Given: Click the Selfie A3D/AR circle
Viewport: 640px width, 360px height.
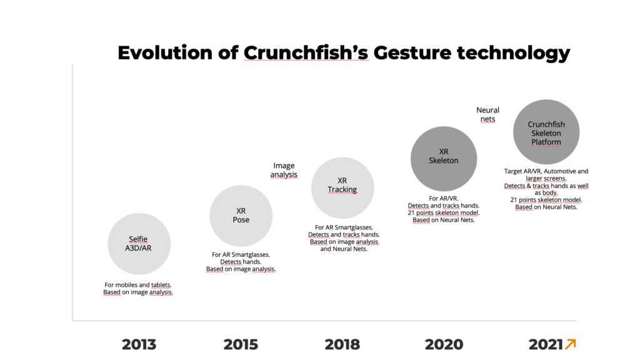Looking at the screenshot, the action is click(x=139, y=244).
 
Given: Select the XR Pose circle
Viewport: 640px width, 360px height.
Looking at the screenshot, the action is click(x=241, y=216).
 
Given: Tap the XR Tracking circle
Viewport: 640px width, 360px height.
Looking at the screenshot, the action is click(x=342, y=187).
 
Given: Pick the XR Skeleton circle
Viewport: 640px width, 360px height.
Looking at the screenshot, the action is click(x=444, y=158).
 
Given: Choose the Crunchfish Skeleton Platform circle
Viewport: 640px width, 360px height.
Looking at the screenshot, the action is click(x=546, y=132).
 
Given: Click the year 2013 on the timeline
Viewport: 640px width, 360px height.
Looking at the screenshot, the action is click(x=139, y=344).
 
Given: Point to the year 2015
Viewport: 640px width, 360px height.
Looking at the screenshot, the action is click(x=241, y=344).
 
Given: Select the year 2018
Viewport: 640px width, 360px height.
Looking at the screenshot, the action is click(x=342, y=344).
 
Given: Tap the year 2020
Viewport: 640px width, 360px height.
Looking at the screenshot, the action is click(x=444, y=344).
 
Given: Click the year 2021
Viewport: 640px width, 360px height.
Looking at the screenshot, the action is click(x=546, y=344).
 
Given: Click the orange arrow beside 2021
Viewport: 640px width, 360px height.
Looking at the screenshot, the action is click(x=571, y=344).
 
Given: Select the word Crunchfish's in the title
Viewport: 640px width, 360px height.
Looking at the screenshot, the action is click(x=306, y=52).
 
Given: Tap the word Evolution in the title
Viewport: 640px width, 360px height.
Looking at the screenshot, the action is click(x=164, y=52).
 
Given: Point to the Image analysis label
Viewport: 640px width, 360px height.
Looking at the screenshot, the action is click(x=284, y=170).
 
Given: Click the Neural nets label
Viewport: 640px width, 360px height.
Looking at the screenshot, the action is click(x=487, y=114).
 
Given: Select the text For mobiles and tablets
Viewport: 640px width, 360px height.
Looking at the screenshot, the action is click(x=138, y=285).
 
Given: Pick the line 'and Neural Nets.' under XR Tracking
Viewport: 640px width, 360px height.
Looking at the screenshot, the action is click(x=344, y=249).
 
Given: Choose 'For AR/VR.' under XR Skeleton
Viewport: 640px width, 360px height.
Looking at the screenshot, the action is click(x=444, y=198).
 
